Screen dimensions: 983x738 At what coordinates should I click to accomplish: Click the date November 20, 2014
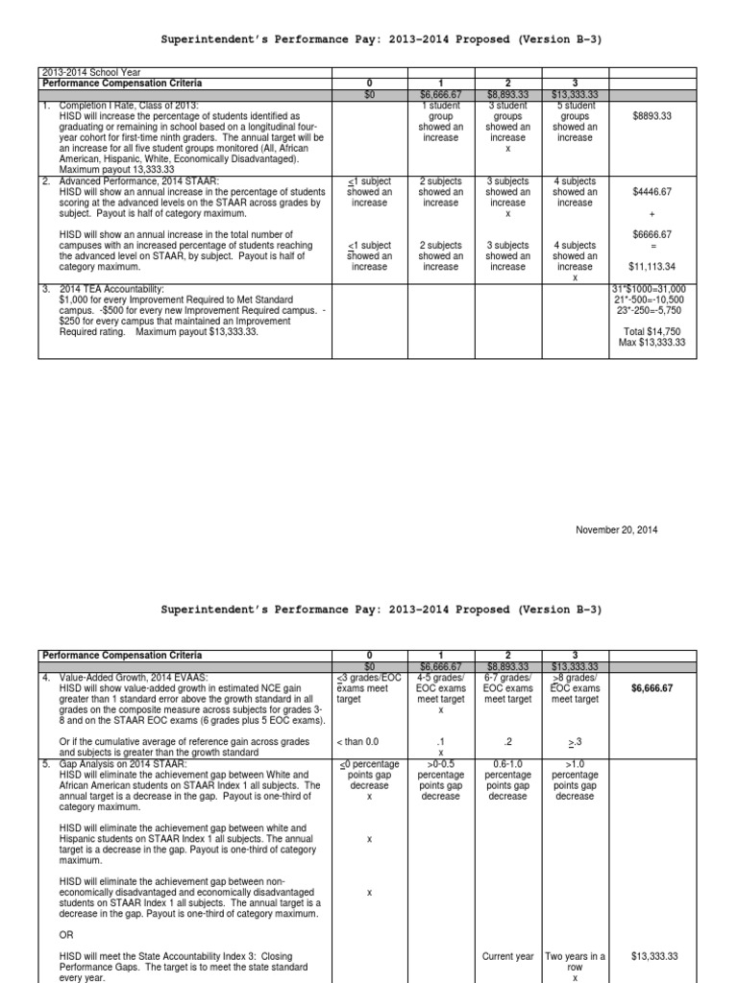[x=616, y=530]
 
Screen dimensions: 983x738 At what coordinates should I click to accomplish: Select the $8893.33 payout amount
[x=652, y=115]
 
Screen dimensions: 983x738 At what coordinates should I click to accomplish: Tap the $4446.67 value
[x=652, y=192]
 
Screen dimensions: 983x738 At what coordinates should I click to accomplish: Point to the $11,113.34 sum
[x=652, y=267]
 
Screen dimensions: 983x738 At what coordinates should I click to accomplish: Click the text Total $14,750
[x=652, y=331]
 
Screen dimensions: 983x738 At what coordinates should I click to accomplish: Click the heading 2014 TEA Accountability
[x=111, y=288]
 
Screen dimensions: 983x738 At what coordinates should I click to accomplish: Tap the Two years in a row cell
[x=575, y=956]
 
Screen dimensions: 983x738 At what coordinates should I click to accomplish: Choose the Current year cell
[x=508, y=956]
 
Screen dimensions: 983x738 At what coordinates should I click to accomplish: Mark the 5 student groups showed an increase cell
[x=575, y=120]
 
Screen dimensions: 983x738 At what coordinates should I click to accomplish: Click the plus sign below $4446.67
[x=652, y=213]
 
